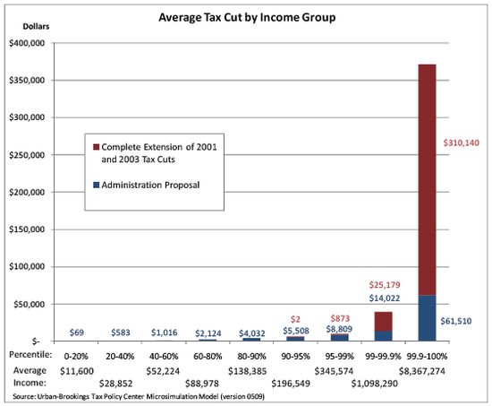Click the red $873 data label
(337, 318)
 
